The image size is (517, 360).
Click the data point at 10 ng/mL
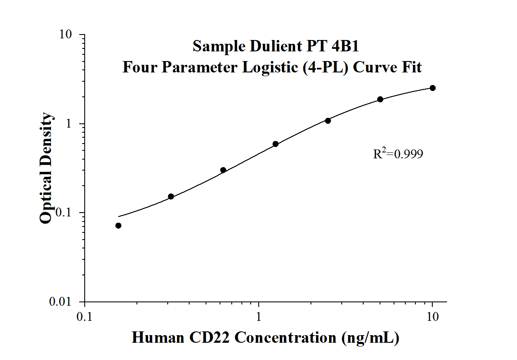click(432, 88)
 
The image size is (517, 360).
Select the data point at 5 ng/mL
click(380, 99)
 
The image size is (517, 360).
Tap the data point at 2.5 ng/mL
click(328, 121)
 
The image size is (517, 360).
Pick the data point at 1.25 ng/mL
click(276, 144)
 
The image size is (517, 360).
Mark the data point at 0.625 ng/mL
click(223, 170)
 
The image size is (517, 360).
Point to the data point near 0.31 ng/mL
click(171, 197)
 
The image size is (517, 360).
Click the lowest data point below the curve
click(118, 226)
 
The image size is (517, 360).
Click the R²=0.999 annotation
click(398, 154)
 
